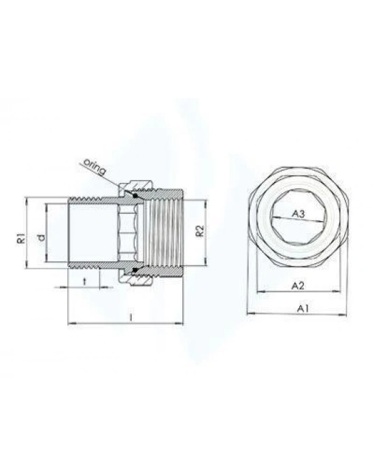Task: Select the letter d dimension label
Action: coord(40,237)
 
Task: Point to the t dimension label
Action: coord(84,280)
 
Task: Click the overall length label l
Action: coord(129,316)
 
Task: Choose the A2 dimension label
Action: coord(296,286)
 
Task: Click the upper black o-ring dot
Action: coord(135,196)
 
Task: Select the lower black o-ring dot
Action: coord(135,272)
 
